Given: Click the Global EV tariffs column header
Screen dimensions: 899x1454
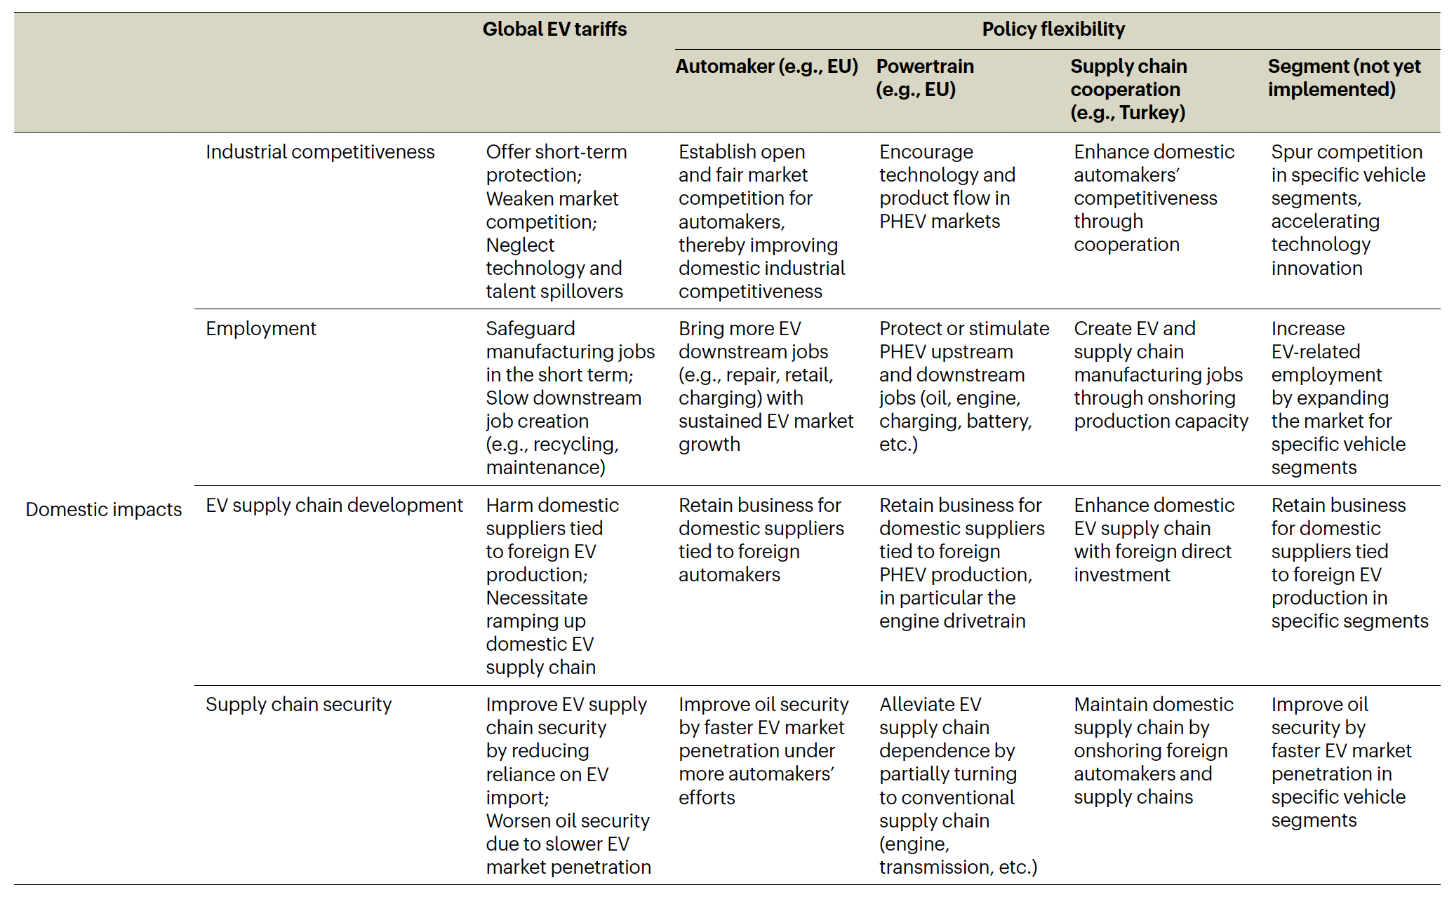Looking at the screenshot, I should pos(554,29).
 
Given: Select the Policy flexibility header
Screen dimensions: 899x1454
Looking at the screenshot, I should pos(1053,29).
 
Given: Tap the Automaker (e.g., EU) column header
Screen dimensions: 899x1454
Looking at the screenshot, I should pos(766,67).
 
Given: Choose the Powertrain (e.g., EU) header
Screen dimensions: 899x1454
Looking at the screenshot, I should pos(924,78).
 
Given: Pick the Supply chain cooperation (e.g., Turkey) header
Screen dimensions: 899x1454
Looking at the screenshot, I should pos(1128,89).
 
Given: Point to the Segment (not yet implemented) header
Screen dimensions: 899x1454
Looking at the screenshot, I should pos(1344,78).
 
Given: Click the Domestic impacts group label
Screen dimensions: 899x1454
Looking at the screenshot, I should pos(104,509).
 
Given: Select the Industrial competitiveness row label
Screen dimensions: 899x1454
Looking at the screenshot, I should pos(320,152).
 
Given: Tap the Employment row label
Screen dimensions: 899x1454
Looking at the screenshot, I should pos(261,329).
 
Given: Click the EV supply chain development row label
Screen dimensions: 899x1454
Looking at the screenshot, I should pos(334,506).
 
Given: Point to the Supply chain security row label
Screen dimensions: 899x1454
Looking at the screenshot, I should pos(298,705).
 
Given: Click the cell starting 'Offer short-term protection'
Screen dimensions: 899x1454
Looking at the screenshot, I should pos(556,221).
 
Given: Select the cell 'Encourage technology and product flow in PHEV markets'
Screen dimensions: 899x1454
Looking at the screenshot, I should pos(947,187).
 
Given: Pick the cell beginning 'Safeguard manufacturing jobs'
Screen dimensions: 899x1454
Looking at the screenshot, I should pos(570,398).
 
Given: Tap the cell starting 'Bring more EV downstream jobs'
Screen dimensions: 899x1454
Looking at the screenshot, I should pos(766,386).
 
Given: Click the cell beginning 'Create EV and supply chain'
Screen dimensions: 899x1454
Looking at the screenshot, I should pos(1160,374).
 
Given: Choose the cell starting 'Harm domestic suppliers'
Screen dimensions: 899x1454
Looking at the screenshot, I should pos(552,586).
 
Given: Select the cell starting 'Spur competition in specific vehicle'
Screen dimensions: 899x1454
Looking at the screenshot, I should pos(1347,210).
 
